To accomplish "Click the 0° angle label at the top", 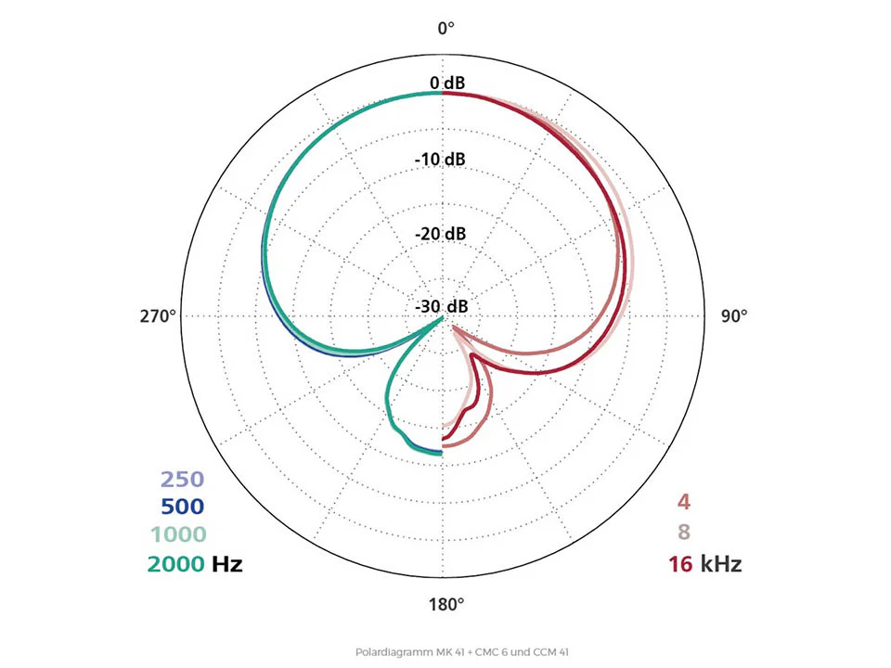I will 445,28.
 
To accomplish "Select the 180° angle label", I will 445,606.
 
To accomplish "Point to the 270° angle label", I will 158,316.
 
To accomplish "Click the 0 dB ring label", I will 446,83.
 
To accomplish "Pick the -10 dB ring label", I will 440,159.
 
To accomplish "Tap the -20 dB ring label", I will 440,233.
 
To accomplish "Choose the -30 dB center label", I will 440,307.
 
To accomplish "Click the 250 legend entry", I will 182,480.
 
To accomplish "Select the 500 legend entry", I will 182,507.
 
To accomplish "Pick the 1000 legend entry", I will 176,534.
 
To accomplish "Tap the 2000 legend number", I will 174,563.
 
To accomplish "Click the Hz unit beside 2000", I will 226,563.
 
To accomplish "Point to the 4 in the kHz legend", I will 683,504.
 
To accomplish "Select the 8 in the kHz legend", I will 683,533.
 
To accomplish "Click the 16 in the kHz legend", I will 680,563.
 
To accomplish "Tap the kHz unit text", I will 721,563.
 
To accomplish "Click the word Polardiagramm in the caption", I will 384,652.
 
